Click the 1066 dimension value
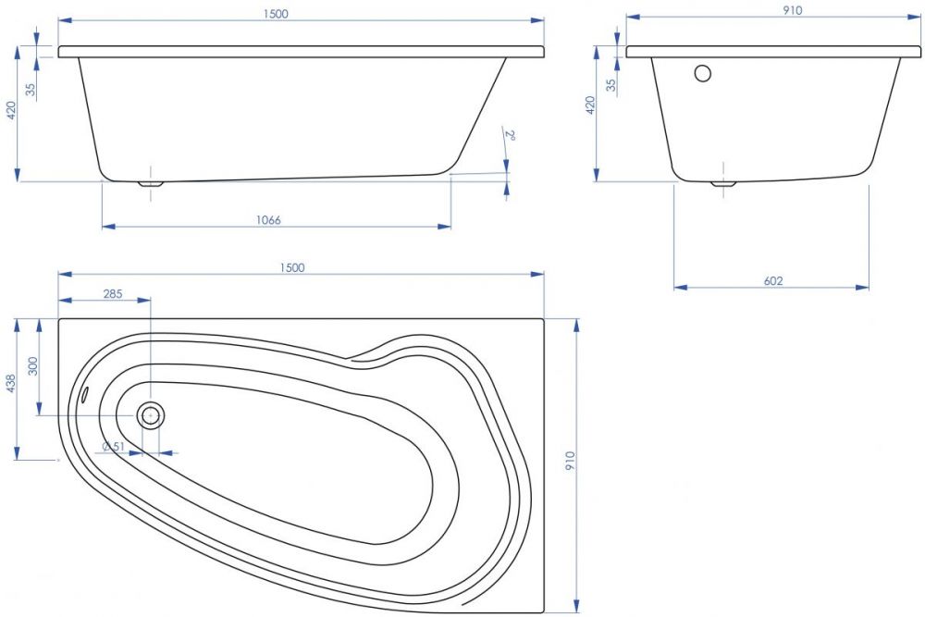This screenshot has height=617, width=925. click(x=268, y=220)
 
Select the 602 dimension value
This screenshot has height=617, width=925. click(x=772, y=281)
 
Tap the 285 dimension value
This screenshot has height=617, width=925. click(x=113, y=293)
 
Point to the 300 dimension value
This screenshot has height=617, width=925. click(x=33, y=365)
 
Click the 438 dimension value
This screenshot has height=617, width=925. click(x=10, y=383)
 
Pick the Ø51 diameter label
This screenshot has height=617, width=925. click(x=113, y=447)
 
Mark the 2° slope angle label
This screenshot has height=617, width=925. click(x=510, y=134)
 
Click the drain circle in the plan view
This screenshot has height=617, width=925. click(x=151, y=415)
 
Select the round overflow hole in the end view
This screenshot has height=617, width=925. click(x=703, y=74)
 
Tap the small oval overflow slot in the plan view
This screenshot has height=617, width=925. click(x=85, y=393)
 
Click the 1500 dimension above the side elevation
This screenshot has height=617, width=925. click(x=276, y=14)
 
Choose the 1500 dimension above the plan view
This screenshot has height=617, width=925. click(x=292, y=267)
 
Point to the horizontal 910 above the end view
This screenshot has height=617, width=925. click(x=793, y=10)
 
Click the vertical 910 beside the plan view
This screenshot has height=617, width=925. click(x=570, y=460)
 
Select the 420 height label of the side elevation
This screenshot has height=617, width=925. click(x=10, y=110)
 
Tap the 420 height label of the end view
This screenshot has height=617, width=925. click(x=590, y=105)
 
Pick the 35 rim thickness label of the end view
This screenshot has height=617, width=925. click(x=611, y=85)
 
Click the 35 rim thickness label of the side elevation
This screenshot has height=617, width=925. click(x=31, y=89)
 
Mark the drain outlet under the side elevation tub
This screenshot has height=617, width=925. click(x=151, y=183)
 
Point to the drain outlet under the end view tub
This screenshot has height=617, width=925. click(x=722, y=183)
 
